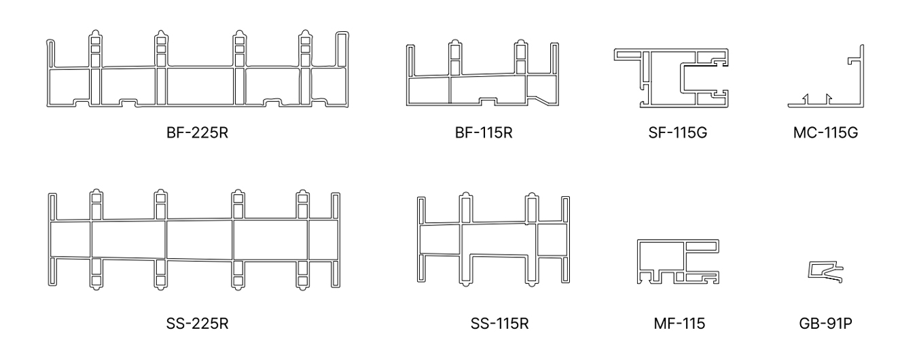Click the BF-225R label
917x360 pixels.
[197, 132]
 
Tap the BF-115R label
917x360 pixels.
[484, 132]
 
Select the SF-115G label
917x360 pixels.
[677, 132]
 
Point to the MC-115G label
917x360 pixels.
[825, 132]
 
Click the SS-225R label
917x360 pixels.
[197, 323]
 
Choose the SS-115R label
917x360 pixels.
[499, 323]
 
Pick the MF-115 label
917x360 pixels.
[679, 323]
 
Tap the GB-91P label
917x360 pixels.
[825, 323]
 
